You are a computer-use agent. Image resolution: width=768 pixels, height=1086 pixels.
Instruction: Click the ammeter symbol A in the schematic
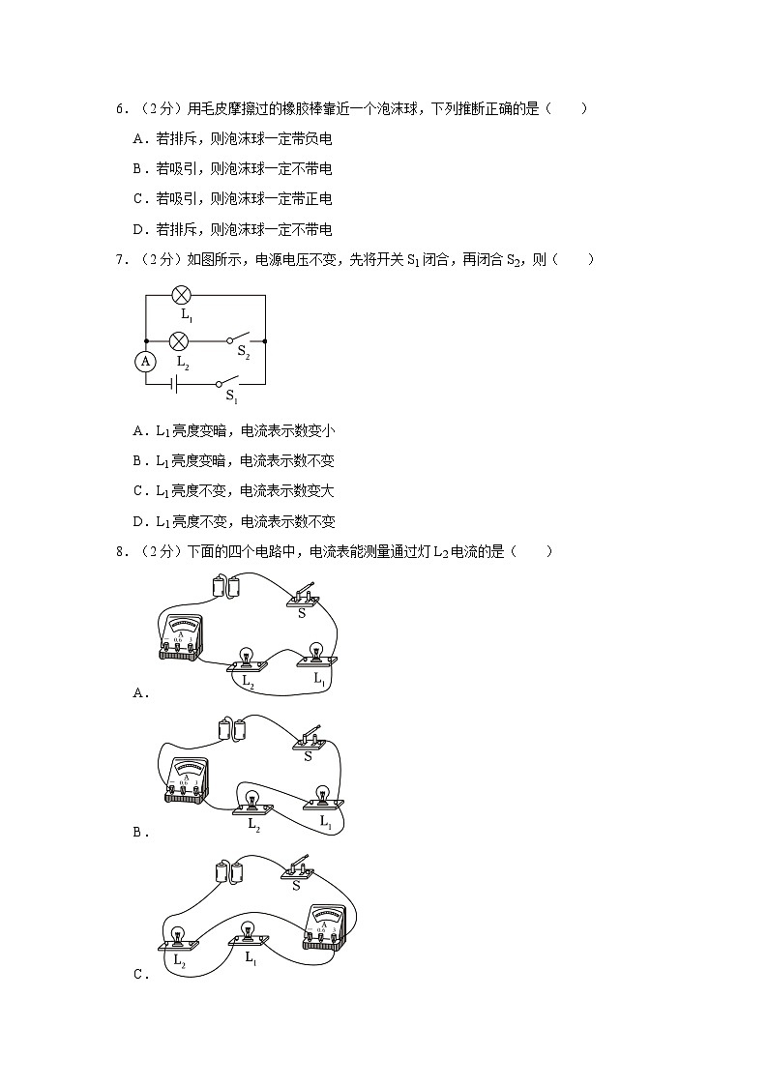[x=145, y=361]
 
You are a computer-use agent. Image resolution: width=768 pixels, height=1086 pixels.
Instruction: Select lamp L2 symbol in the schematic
[x=179, y=340]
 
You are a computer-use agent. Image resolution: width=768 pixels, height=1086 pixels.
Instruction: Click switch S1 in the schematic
[x=228, y=381]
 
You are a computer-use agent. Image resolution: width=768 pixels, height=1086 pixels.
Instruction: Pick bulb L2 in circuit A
[x=248, y=660]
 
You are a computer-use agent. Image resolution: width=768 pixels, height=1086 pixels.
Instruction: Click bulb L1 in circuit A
[x=315, y=654]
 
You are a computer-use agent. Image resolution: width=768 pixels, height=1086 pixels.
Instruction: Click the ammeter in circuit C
[x=326, y=926]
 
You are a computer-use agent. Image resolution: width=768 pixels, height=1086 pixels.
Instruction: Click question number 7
[x=122, y=259]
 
